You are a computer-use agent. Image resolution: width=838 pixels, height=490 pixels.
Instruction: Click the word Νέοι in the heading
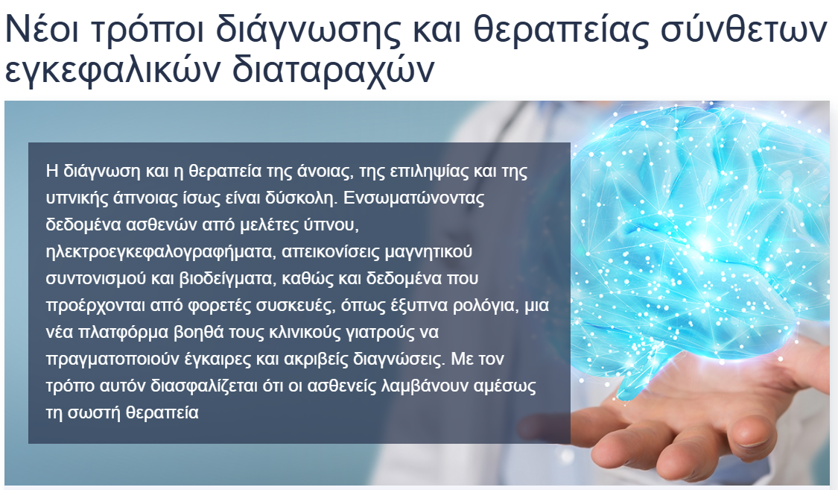42,29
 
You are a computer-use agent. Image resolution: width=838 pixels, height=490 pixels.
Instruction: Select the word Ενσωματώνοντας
413,198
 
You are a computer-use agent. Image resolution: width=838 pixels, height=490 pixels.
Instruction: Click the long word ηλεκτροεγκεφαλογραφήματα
160,252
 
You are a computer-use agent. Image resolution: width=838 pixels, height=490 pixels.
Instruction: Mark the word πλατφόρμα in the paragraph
124,332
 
